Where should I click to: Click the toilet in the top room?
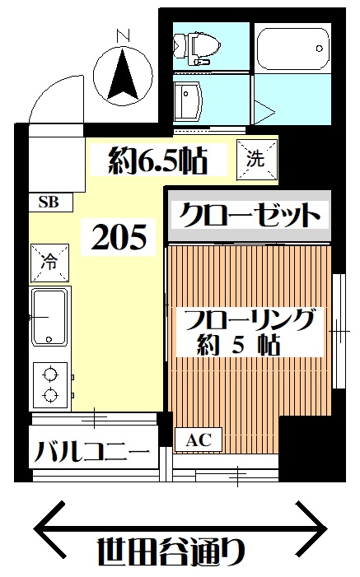[197, 47]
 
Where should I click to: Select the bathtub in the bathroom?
[292, 49]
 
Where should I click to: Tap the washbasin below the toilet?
[188, 100]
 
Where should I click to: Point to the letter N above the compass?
[124, 35]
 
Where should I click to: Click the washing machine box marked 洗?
[256, 160]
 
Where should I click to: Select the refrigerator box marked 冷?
[49, 263]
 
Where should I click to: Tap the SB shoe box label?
[49, 202]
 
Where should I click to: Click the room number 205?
[119, 236]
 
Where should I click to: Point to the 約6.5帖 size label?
[158, 161]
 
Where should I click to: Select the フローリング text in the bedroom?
[250, 319]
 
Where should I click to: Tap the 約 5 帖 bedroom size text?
[238, 345]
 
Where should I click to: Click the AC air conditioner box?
[199, 440]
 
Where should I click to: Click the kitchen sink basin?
[49, 317]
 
